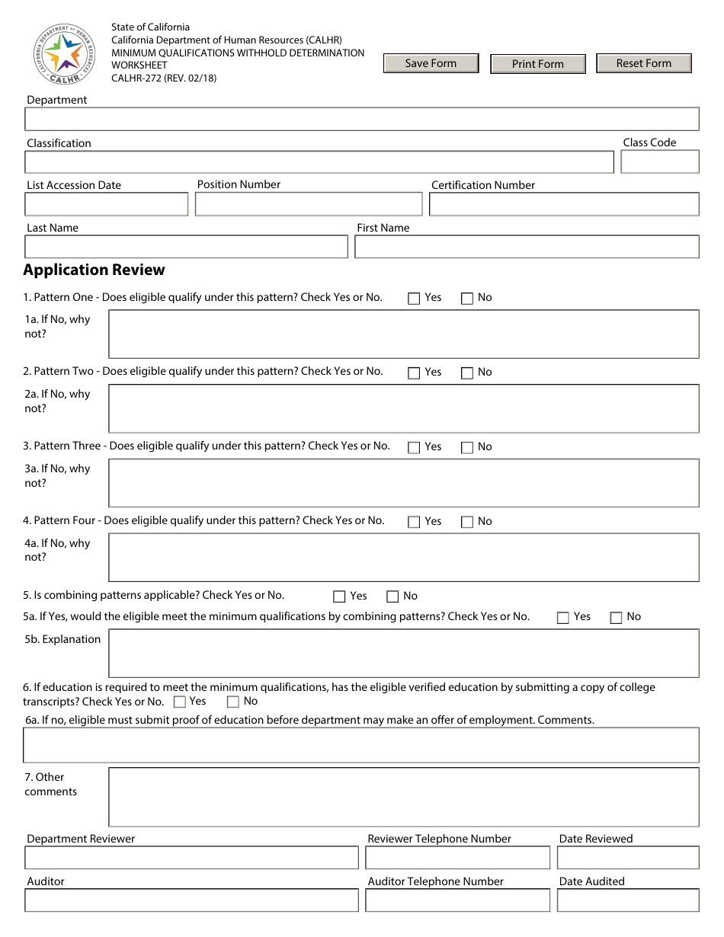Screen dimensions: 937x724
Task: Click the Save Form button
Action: click(x=431, y=63)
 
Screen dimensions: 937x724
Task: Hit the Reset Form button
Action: click(x=643, y=63)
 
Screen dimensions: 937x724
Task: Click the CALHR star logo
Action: click(x=63, y=53)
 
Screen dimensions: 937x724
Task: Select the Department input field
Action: click(x=361, y=120)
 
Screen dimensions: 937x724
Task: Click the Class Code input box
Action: click(x=659, y=162)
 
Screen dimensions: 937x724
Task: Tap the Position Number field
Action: click(x=308, y=204)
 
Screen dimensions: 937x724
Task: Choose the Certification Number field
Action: click(x=563, y=204)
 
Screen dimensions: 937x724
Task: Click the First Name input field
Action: click(x=526, y=247)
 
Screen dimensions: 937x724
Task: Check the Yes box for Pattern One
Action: click(x=414, y=299)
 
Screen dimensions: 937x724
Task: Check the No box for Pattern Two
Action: click(x=467, y=373)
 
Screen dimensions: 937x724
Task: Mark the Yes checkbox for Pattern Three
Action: click(x=414, y=448)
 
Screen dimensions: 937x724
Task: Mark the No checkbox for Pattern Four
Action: click(x=467, y=523)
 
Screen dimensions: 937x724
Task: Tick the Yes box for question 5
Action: click(x=339, y=597)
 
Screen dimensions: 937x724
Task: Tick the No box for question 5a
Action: click(x=616, y=618)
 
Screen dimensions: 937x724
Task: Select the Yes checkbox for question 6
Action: click(x=180, y=702)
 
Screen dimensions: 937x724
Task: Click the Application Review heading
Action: click(x=94, y=270)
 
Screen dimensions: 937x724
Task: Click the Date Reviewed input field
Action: click(x=627, y=858)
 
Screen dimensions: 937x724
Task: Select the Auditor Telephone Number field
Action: click(x=457, y=900)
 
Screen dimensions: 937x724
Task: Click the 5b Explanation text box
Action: click(x=403, y=653)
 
